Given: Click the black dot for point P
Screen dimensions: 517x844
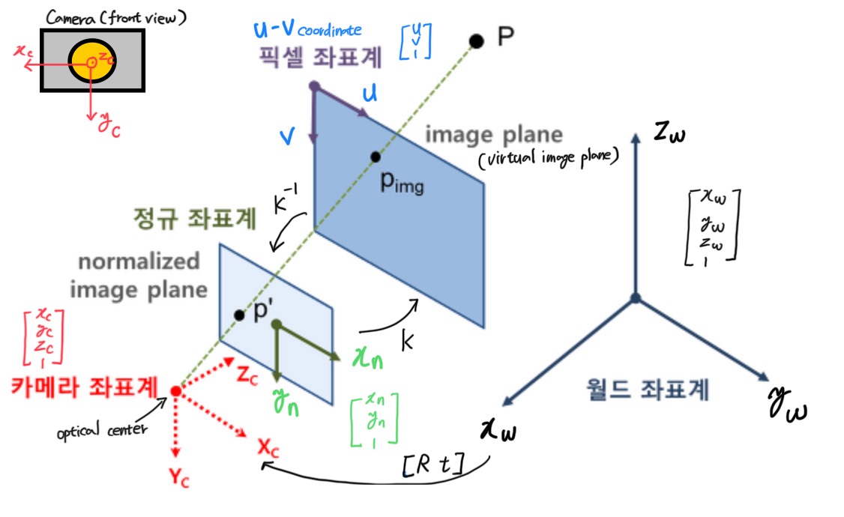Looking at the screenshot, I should coord(475,40).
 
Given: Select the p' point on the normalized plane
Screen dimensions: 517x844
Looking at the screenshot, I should coord(239,315).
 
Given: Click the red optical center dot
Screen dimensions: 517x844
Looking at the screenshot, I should coord(175,390).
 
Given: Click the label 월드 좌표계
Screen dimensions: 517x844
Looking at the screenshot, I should coord(646,389).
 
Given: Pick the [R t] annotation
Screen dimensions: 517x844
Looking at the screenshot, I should coord(432,468).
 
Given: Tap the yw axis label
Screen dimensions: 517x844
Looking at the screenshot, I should coord(786,405).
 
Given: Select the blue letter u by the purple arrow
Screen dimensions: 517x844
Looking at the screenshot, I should coord(370,94).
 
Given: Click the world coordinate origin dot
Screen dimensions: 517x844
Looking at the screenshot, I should coord(636,298).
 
